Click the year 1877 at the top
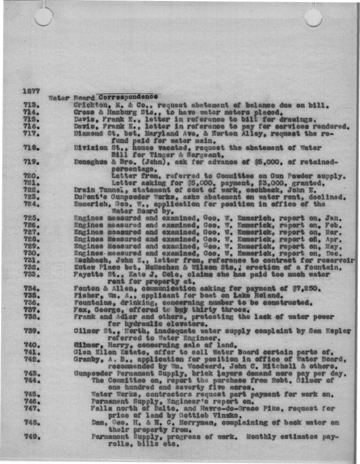[32, 91]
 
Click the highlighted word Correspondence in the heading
[129, 97]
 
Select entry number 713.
[32, 104]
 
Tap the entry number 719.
[32, 162]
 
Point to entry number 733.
[32, 274]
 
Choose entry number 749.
[32, 437]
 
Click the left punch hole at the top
[43, 17]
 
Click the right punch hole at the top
[313, 17]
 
